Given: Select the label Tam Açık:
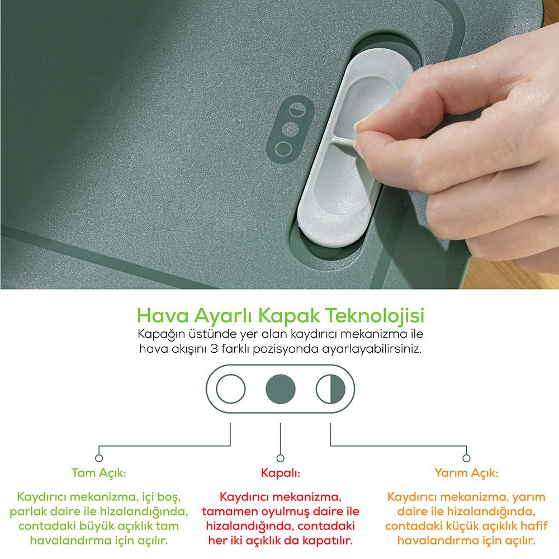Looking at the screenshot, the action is pos(99,473).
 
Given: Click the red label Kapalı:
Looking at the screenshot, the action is pos(281,473).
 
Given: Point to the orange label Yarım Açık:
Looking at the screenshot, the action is pos(466,473).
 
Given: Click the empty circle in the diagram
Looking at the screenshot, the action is pos(231,389).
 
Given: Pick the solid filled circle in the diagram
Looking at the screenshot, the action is pos(281,389).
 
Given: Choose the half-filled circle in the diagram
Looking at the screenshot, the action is pos(330,389).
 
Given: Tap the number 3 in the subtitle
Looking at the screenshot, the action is pos(214,348).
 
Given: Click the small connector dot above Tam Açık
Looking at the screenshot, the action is pos(99,458).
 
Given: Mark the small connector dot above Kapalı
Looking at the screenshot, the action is pos(281,458).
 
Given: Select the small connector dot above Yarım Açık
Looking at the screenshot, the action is pos(466,458).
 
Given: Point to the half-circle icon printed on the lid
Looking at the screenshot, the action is pos(297,110).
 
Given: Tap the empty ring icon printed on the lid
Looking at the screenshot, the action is pos(284,148).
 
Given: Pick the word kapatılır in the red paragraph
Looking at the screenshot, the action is pos(328,541).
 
